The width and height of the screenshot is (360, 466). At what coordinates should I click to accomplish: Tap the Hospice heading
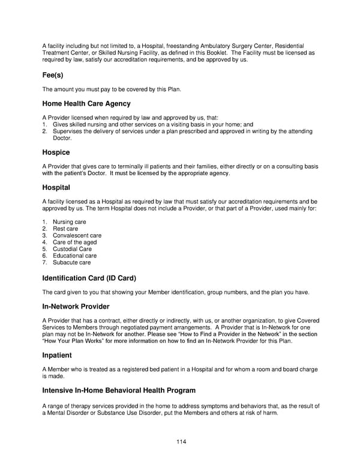(56, 153)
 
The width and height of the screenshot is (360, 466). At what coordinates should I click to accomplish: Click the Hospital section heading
(56, 187)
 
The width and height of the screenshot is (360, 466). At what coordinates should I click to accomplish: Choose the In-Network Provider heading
(76, 307)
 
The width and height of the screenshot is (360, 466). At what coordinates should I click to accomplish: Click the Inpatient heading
(57, 356)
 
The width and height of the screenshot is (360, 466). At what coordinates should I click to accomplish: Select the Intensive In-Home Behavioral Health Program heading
(119, 390)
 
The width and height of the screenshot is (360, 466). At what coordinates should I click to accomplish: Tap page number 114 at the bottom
(181, 442)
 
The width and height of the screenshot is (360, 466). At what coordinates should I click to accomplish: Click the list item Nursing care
(69, 222)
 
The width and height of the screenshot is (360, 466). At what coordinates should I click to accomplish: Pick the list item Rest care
(65, 229)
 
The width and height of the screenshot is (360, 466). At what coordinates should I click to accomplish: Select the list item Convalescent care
(77, 235)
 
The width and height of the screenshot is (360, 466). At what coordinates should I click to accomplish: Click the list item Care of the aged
(74, 243)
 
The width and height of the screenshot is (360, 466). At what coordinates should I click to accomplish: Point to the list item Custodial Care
(72, 249)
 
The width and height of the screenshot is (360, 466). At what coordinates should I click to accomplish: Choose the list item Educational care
(74, 256)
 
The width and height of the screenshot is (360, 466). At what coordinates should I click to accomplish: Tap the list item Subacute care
(71, 262)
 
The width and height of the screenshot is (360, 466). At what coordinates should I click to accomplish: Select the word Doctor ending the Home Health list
(62, 138)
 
